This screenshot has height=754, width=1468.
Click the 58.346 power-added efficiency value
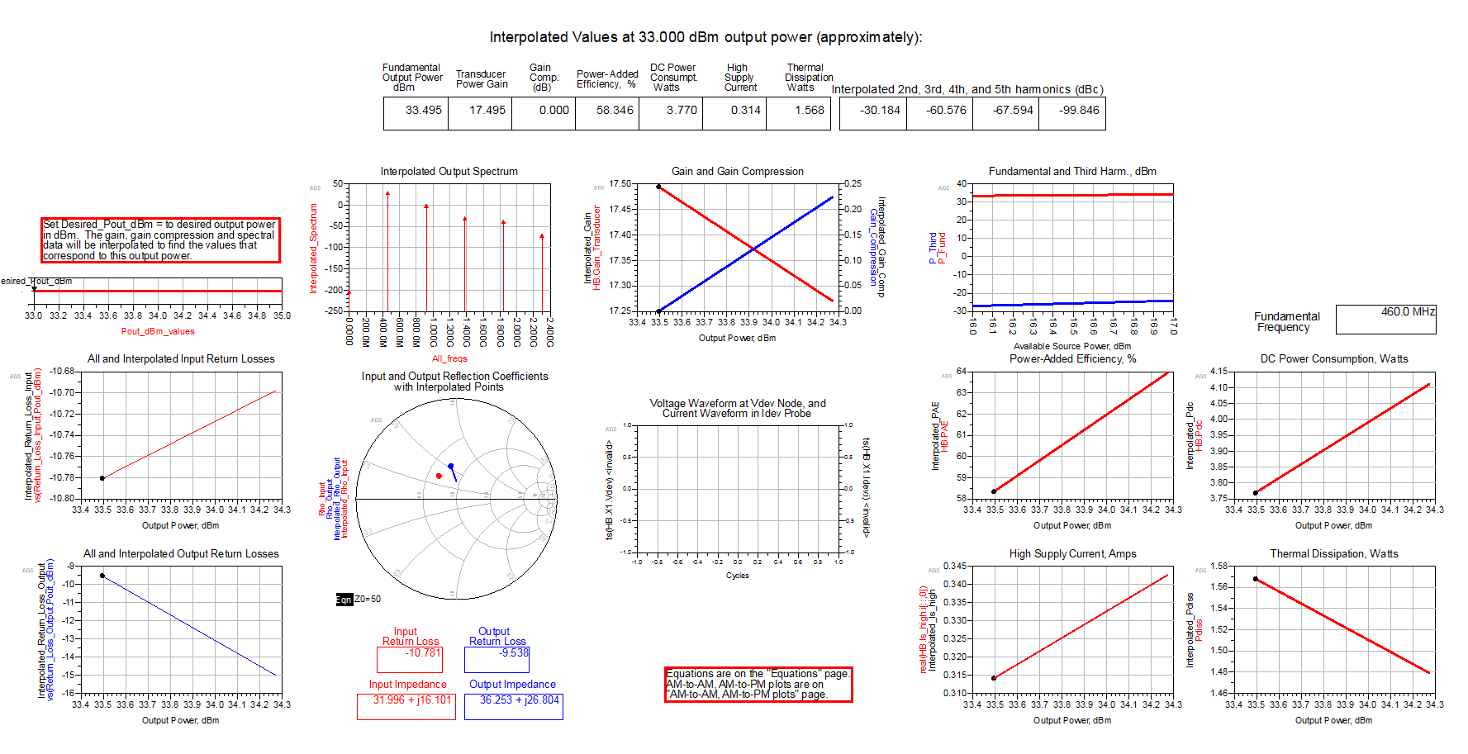click(615, 111)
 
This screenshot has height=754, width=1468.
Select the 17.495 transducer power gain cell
click(487, 111)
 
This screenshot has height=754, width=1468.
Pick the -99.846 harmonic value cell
click(1080, 111)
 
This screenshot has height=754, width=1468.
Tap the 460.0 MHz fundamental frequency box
click(1387, 319)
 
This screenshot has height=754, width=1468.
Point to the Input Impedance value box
click(406, 705)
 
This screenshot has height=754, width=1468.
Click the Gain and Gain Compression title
click(737, 172)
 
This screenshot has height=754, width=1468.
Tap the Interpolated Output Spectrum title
click(449, 172)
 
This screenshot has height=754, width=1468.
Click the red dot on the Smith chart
click(439, 476)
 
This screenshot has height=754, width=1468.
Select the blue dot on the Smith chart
click(450, 467)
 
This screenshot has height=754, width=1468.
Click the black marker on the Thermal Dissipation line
click(1256, 579)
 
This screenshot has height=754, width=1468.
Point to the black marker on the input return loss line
click(102, 478)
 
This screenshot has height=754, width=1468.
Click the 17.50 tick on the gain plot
click(620, 183)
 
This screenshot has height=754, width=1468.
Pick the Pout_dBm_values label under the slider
click(158, 332)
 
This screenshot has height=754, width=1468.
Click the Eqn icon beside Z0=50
click(344, 600)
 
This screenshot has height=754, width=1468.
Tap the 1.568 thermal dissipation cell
click(809, 111)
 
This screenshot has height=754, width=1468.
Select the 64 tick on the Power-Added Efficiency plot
click(961, 371)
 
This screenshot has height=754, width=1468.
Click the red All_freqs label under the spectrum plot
click(449, 358)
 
